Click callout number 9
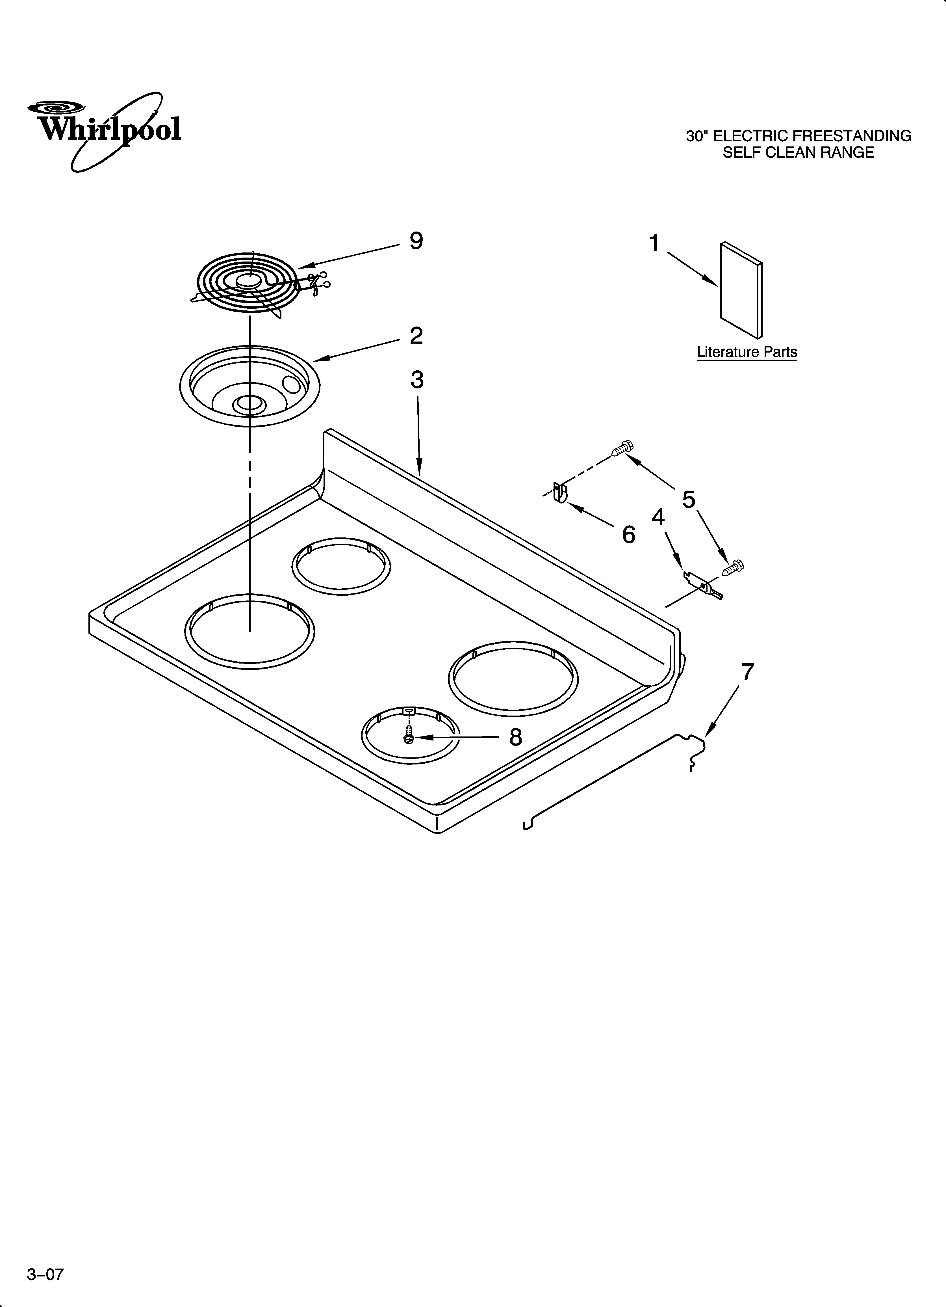point(416,241)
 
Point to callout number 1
point(654,244)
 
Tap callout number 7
point(747,672)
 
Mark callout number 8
point(515,737)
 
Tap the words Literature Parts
point(747,352)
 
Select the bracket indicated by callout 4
point(703,586)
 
